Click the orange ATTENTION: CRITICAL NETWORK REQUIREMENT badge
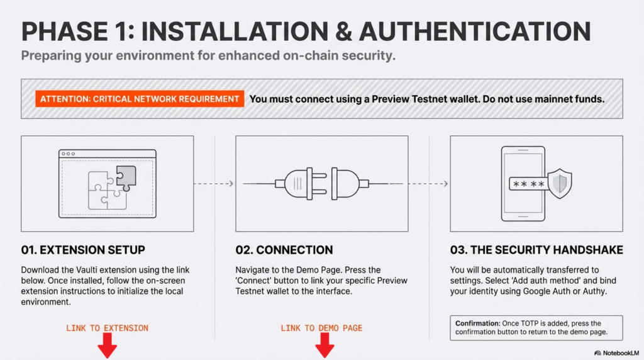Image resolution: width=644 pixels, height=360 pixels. pyautogui.click(x=140, y=99)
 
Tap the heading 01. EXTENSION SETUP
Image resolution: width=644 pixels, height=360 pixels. pyautogui.click(x=83, y=250)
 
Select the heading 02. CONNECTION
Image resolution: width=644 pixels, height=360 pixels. pyautogui.click(x=284, y=250)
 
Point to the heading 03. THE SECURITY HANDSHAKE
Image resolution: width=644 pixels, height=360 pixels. pyautogui.click(x=536, y=250)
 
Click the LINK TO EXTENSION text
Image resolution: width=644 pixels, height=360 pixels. pyautogui.click(x=107, y=328)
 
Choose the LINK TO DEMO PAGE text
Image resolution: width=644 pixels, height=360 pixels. pyautogui.click(x=321, y=328)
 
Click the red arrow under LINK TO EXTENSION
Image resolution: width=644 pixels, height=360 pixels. pyautogui.click(x=107, y=346)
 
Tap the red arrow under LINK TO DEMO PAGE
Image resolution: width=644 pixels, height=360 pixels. pyautogui.click(x=325, y=346)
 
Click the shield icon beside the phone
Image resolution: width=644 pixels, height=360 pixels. pyautogui.click(x=560, y=183)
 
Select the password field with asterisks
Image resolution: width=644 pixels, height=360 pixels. pyautogui.click(x=528, y=184)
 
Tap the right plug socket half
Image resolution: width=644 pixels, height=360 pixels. pyautogui.click(x=350, y=184)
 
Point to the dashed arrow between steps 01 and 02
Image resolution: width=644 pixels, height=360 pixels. pyautogui.click(x=214, y=184)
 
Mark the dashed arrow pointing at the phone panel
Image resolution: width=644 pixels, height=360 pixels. pyautogui.click(x=428, y=184)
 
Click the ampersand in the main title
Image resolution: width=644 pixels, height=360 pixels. pyautogui.click(x=343, y=31)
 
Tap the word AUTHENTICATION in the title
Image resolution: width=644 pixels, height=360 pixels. pyautogui.click(x=475, y=31)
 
